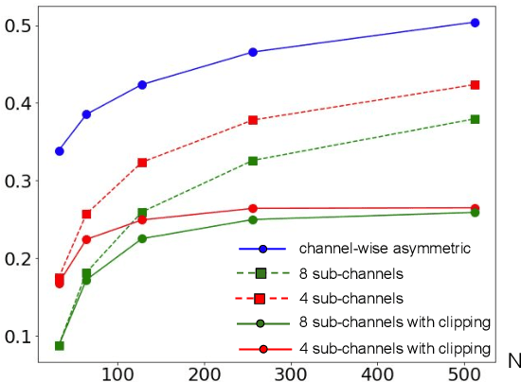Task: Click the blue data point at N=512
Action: point(475,22)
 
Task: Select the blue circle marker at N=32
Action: point(60,151)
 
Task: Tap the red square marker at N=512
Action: point(475,85)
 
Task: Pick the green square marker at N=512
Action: point(475,119)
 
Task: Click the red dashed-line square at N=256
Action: point(253,120)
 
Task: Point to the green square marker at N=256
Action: point(253,161)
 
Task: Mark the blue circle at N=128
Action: point(142,84)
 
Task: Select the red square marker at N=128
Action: point(142,163)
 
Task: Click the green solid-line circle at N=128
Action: point(142,238)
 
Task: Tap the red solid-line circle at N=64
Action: point(87,239)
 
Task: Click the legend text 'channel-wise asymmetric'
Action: point(370,249)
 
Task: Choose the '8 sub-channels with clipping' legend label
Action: point(394,323)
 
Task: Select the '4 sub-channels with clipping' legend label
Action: point(394,348)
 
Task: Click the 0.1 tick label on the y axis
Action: point(18,337)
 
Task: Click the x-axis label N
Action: point(512,360)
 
